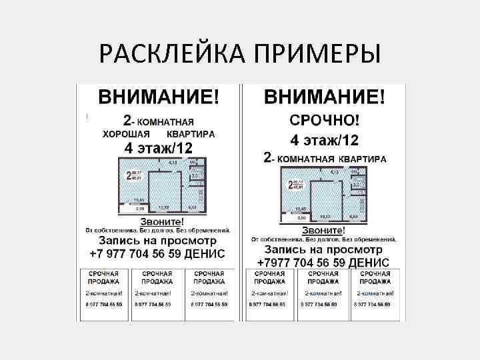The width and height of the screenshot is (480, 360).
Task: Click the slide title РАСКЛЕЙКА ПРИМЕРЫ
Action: (240, 53)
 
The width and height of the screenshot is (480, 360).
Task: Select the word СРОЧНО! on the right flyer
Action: (324, 121)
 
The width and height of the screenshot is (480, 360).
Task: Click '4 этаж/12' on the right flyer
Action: (324, 141)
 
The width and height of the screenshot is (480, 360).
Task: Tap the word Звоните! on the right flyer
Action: (324, 229)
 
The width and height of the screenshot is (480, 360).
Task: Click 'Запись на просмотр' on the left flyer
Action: (158, 241)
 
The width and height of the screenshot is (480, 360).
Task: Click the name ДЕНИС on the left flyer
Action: (207, 254)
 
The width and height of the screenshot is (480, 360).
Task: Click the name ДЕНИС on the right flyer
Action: (374, 262)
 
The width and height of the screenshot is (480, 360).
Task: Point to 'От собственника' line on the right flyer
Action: (324, 239)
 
